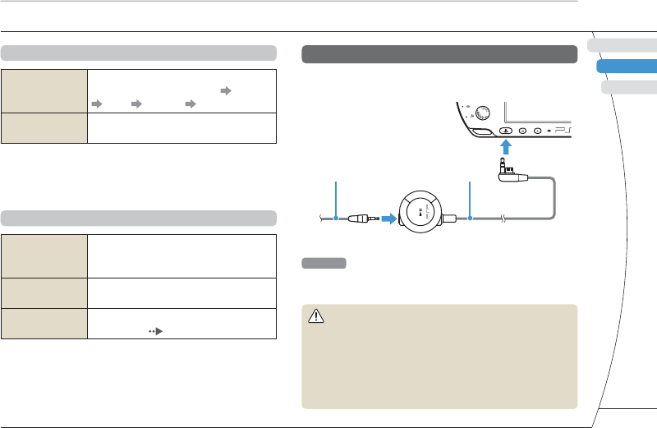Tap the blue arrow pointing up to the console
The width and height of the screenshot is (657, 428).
[x=507, y=148]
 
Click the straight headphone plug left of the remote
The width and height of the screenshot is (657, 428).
[x=365, y=219]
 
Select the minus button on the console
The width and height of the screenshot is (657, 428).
[x=522, y=130]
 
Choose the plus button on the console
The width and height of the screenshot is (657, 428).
[x=537, y=130]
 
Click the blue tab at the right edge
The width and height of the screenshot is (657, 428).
[x=627, y=67]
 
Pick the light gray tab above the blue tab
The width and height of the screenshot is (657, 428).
[x=623, y=45]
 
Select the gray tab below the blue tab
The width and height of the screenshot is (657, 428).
[x=628, y=88]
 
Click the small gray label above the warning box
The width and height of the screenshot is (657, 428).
[x=324, y=264]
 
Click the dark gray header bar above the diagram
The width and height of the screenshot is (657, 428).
[x=439, y=54]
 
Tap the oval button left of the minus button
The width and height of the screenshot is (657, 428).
[x=506, y=130]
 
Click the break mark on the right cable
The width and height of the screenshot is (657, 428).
[x=503, y=219]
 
